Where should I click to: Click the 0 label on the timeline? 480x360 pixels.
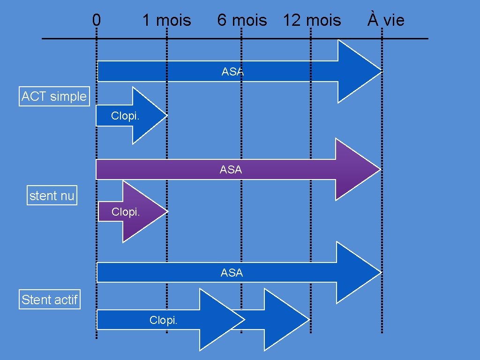96,20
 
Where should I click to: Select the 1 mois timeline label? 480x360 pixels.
166,21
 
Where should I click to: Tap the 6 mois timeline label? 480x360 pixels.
242,21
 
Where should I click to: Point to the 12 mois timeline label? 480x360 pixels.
312,21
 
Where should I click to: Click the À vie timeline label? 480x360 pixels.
386,20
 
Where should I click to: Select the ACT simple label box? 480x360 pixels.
54,97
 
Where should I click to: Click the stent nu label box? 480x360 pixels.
52,196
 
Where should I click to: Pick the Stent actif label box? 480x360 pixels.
50,300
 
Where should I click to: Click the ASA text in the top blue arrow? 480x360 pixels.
232,72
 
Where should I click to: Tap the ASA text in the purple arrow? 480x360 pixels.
231,170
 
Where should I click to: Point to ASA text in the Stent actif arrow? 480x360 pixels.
232,272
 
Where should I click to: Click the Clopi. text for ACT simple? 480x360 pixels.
125,116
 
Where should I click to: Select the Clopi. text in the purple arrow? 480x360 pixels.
126,212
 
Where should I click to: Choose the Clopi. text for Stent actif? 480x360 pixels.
163,320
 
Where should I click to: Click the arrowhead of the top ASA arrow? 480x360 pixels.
359,71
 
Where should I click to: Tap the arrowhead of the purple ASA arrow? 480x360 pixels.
356,169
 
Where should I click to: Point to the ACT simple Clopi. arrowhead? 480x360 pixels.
148,115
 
